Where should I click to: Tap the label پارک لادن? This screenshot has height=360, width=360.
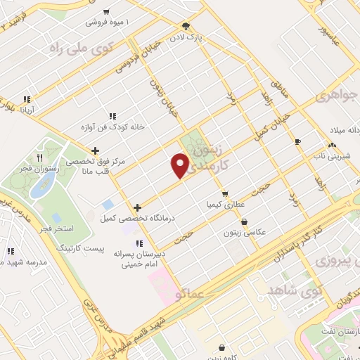pyautogui.click(x=193, y=35)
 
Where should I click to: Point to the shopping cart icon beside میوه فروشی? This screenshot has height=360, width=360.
pyautogui.click(x=106, y=11)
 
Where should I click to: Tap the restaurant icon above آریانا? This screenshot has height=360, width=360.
pyautogui.click(x=26, y=99)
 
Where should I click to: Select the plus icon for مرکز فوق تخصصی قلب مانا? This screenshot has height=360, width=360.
pyautogui.click(x=95, y=150)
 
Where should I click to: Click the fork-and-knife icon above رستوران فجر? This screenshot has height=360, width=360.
pyautogui.click(x=39, y=157)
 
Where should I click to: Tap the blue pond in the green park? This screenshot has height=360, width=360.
pyautogui.click(x=46, y=184)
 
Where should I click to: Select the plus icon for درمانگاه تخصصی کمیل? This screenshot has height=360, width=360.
pyautogui.click(x=137, y=207)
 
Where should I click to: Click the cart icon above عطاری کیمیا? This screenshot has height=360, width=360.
pyautogui.click(x=224, y=193)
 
